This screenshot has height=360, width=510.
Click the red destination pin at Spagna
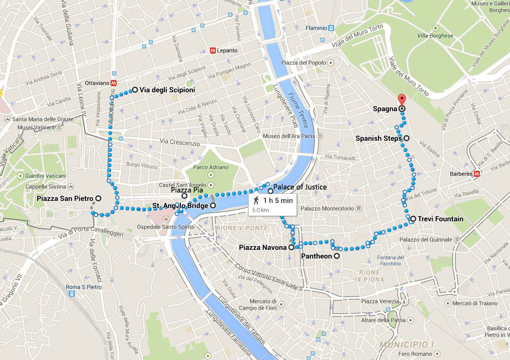[x=401, y=100]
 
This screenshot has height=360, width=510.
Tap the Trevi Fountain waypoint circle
[x=413, y=219]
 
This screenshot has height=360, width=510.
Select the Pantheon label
[x=316, y=256]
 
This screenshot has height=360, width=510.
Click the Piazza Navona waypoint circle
[x=291, y=247]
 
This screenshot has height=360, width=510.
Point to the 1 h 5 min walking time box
[x=273, y=204]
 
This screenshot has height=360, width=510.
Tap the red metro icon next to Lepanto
[x=212, y=50]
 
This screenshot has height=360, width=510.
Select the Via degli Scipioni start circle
[x=135, y=90]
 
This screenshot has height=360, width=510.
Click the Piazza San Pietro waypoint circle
[x=98, y=198]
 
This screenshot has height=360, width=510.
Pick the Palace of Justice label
[x=300, y=187]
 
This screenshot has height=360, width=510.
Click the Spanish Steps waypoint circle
[x=406, y=138]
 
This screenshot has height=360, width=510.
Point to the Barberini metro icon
[x=477, y=173]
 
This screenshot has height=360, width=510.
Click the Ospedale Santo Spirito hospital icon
[x=166, y=219]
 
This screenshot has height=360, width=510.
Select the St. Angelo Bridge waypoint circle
[x=213, y=205]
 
